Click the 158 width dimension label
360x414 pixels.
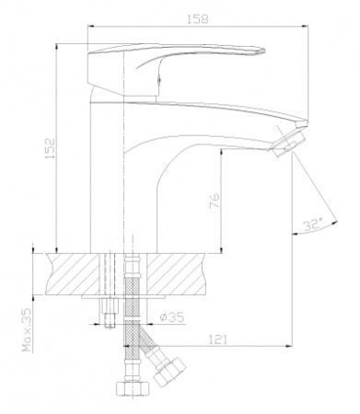pyautogui.click(x=198, y=18)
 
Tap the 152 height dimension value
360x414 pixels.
pyautogui.click(x=50, y=148)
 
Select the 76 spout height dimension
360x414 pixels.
pyautogui.click(x=215, y=201)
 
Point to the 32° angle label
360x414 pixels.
pyautogui.click(x=313, y=225)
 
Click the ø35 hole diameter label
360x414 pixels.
pyautogui.click(x=172, y=316)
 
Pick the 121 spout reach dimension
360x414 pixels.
pyautogui.click(x=218, y=339)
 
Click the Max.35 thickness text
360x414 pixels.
pyautogui.click(x=27, y=329)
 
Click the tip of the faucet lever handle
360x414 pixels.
pyautogui.click(x=264, y=51)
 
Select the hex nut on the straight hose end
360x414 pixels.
pyautogui.click(x=132, y=389)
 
